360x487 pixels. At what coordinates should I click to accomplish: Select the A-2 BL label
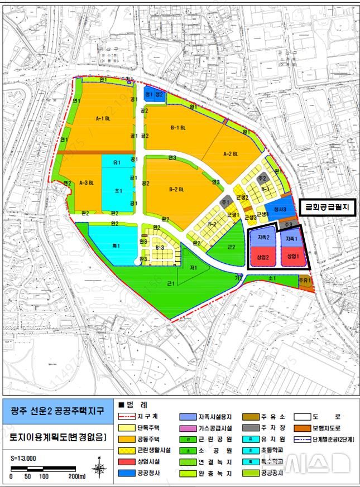231,153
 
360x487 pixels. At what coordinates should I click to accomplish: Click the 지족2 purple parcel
264,238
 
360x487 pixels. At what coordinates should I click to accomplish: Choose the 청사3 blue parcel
279,209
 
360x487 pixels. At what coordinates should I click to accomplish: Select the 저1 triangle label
193,268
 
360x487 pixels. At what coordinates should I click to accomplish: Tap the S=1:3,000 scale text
23,458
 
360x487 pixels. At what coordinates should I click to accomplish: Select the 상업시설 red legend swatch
128,461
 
